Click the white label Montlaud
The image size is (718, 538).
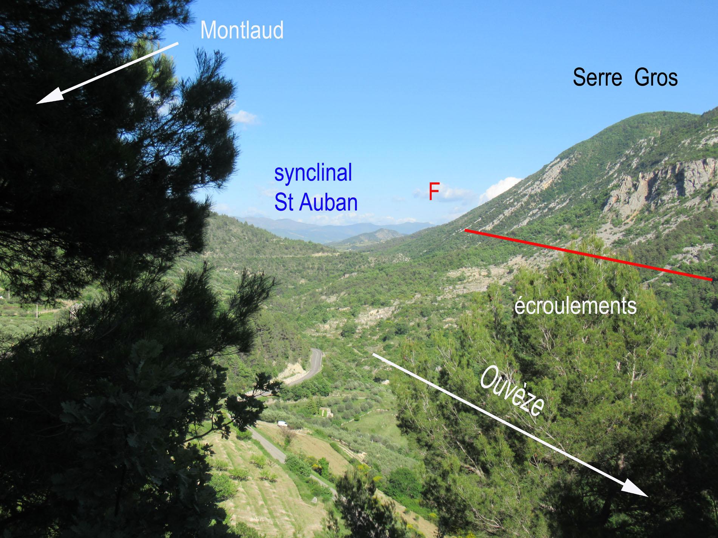(242, 31)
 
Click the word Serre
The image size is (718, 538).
(597, 78)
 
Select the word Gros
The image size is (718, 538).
(656, 78)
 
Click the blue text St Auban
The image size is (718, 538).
(316, 202)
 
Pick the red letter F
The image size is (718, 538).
(433, 191)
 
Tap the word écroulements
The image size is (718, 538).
(575, 306)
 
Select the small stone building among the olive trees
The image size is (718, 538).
(326, 413)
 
